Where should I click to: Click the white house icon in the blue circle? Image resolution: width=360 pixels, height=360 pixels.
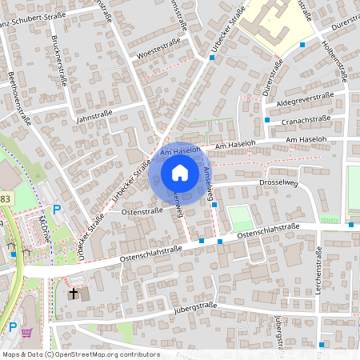(180, 172)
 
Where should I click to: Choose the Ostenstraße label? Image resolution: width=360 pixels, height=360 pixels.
(142, 212)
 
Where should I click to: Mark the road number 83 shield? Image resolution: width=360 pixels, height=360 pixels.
(3, 198)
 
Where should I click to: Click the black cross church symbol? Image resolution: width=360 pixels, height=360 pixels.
(74, 294)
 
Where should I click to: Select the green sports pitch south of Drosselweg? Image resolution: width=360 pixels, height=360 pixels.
(239, 218)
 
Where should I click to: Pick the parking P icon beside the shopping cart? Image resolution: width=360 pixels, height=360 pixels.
(12, 326)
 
